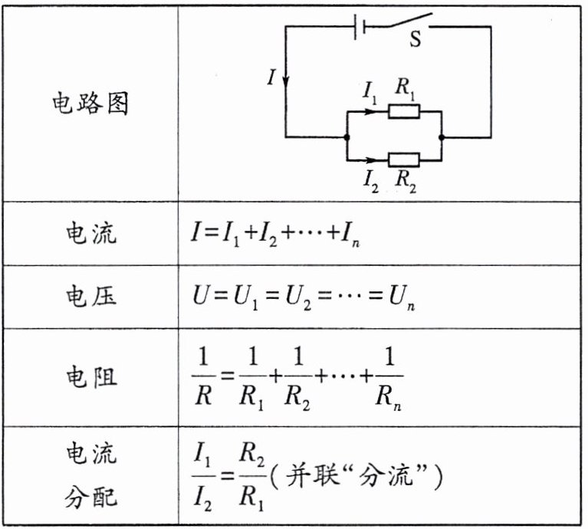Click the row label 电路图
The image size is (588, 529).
[x=90, y=103]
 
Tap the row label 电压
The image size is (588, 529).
[x=91, y=296]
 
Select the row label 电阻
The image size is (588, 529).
[x=91, y=376]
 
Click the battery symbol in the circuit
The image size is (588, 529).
[x=360, y=27]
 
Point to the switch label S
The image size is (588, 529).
[x=415, y=38]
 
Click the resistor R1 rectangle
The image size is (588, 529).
[x=404, y=112]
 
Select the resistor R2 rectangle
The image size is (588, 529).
[x=404, y=160]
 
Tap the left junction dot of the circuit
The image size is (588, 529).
[x=347, y=137]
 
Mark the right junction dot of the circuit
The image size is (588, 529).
[x=442, y=137]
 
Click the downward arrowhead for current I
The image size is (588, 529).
[x=286, y=81]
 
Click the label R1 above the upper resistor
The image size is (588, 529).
[x=405, y=90]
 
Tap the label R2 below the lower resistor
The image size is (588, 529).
[x=406, y=182]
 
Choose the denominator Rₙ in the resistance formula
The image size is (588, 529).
[x=388, y=397]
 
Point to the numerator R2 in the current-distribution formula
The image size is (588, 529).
[x=251, y=455]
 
